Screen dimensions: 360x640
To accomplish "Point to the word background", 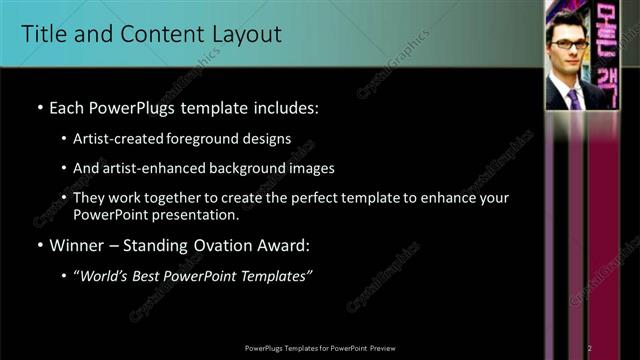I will pyautogui.click(x=241, y=168).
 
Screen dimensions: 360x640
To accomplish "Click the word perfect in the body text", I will pyautogui.click(x=312, y=198).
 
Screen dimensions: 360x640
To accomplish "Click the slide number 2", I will pyautogui.click(x=590, y=347).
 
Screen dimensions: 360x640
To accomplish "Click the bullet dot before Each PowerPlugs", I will pyautogui.click(x=39, y=107).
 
